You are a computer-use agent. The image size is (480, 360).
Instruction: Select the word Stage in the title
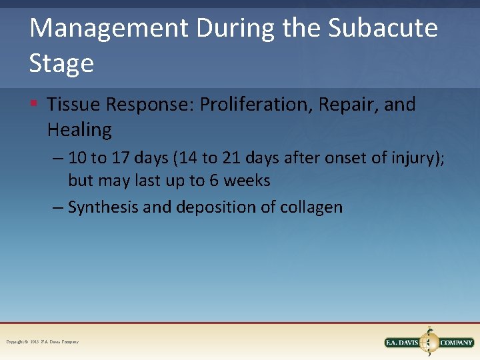[x=61, y=63]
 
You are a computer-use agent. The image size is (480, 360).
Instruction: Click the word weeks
[x=246, y=181]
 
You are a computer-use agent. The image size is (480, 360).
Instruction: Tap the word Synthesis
[x=103, y=207]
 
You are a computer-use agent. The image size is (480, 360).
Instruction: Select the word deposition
[x=216, y=207]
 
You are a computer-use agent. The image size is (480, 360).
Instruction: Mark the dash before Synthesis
[x=58, y=207]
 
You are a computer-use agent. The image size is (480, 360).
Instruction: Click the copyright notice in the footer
[x=42, y=342]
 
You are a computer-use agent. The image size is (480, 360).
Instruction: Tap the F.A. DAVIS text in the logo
[x=402, y=343]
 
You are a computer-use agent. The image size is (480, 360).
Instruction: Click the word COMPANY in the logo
[x=457, y=343]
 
